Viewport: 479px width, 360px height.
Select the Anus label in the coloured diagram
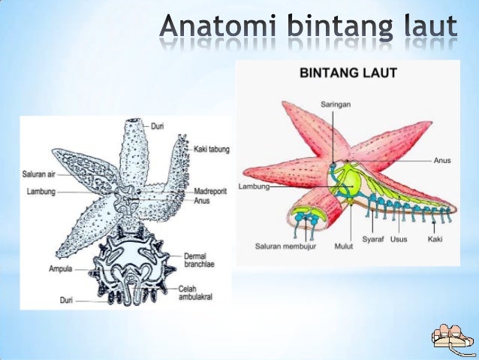click(442, 160)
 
